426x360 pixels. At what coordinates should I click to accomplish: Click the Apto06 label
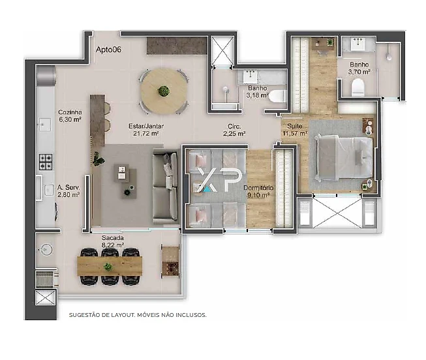click(x=108, y=50)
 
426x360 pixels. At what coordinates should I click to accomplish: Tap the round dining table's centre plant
click(x=164, y=91)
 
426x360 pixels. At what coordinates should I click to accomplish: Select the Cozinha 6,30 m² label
click(x=70, y=115)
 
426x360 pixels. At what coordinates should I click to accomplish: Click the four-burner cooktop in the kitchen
click(x=46, y=162)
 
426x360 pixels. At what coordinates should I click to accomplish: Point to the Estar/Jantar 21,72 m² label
click(x=146, y=130)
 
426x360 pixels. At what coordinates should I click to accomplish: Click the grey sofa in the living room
click(x=165, y=186)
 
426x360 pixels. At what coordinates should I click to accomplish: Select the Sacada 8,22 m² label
click(x=113, y=241)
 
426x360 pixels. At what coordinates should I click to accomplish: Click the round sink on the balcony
click(x=46, y=249)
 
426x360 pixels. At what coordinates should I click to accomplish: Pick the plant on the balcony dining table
click(x=108, y=267)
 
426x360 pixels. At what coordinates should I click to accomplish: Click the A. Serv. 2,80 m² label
click(x=68, y=190)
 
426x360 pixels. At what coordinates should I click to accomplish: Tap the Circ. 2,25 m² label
click(x=234, y=130)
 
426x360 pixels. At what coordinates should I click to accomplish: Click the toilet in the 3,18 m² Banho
click(x=277, y=96)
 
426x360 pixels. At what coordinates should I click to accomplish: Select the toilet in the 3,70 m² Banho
click(x=358, y=87)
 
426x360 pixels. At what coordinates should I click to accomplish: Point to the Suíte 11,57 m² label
click(x=295, y=130)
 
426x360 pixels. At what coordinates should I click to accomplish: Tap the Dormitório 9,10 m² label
click(x=258, y=191)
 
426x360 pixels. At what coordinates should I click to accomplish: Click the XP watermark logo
click(x=219, y=179)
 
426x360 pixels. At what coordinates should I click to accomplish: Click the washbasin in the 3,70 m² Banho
click(x=358, y=44)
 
